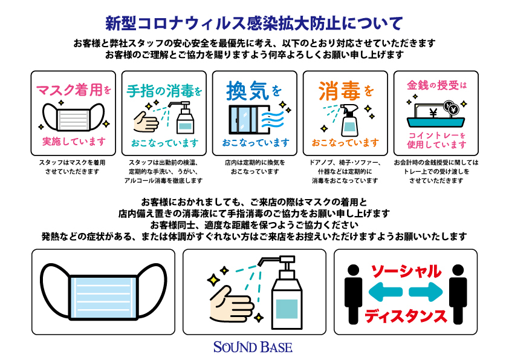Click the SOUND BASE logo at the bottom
point(253,347)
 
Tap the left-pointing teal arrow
point(386,292)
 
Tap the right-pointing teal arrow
point(426,292)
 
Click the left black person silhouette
point(353,294)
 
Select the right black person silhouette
point(458,294)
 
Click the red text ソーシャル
point(406,272)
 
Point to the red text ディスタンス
point(406,316)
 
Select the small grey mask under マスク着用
point(73,117)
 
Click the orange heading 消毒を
point(346,91)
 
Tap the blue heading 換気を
point(254,91)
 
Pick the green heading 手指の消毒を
point(164,91)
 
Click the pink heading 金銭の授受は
point(436,85)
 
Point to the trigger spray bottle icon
point(349,120)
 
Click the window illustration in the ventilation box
point(244,120)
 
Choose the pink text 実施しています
point(74,142)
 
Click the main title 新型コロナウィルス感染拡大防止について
point(254,24)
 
